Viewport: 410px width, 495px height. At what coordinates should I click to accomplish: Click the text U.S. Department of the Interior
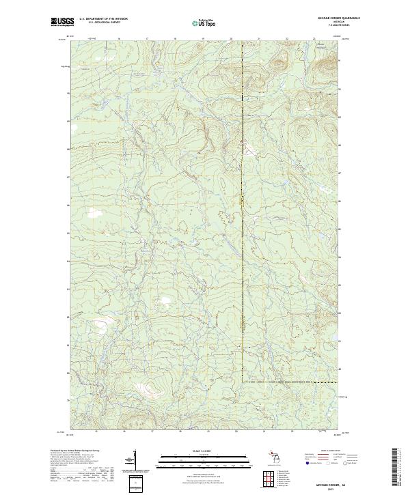[x=103, y=19]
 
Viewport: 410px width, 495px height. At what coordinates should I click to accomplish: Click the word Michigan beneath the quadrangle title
[x=333, y=22]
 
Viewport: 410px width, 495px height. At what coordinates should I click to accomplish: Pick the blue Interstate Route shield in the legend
[x=305, y=463]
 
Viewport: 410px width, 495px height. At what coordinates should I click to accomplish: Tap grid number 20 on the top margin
[x=232, y=39]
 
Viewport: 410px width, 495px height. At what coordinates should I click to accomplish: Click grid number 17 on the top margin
[x=148, y=39]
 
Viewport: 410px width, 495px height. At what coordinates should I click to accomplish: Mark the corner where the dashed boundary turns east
[x=243, y=381]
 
